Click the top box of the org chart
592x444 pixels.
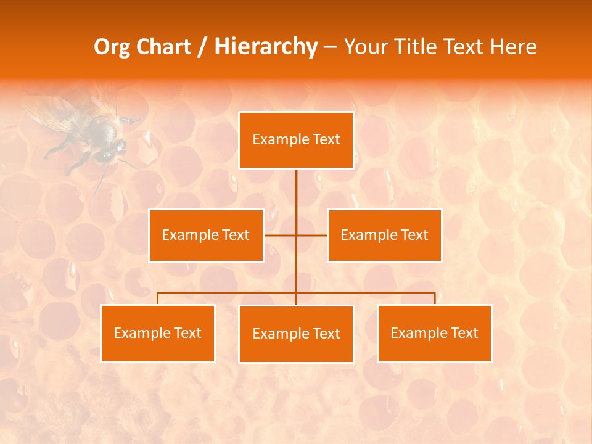(x=296, y=140)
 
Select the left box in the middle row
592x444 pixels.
(x=206, y=236)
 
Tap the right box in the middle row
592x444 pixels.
(x=384, y=236)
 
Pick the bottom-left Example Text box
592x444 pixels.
(x=157, y=334)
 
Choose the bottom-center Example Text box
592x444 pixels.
(x=296, y=334)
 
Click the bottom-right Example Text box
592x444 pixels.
(x=434, y=334)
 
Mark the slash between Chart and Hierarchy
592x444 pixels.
(x=202, y=47)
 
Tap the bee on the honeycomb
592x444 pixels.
(x=92, y=133)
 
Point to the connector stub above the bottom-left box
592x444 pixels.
(x=157, y=298)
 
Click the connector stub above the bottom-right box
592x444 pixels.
(x=435, y=298)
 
